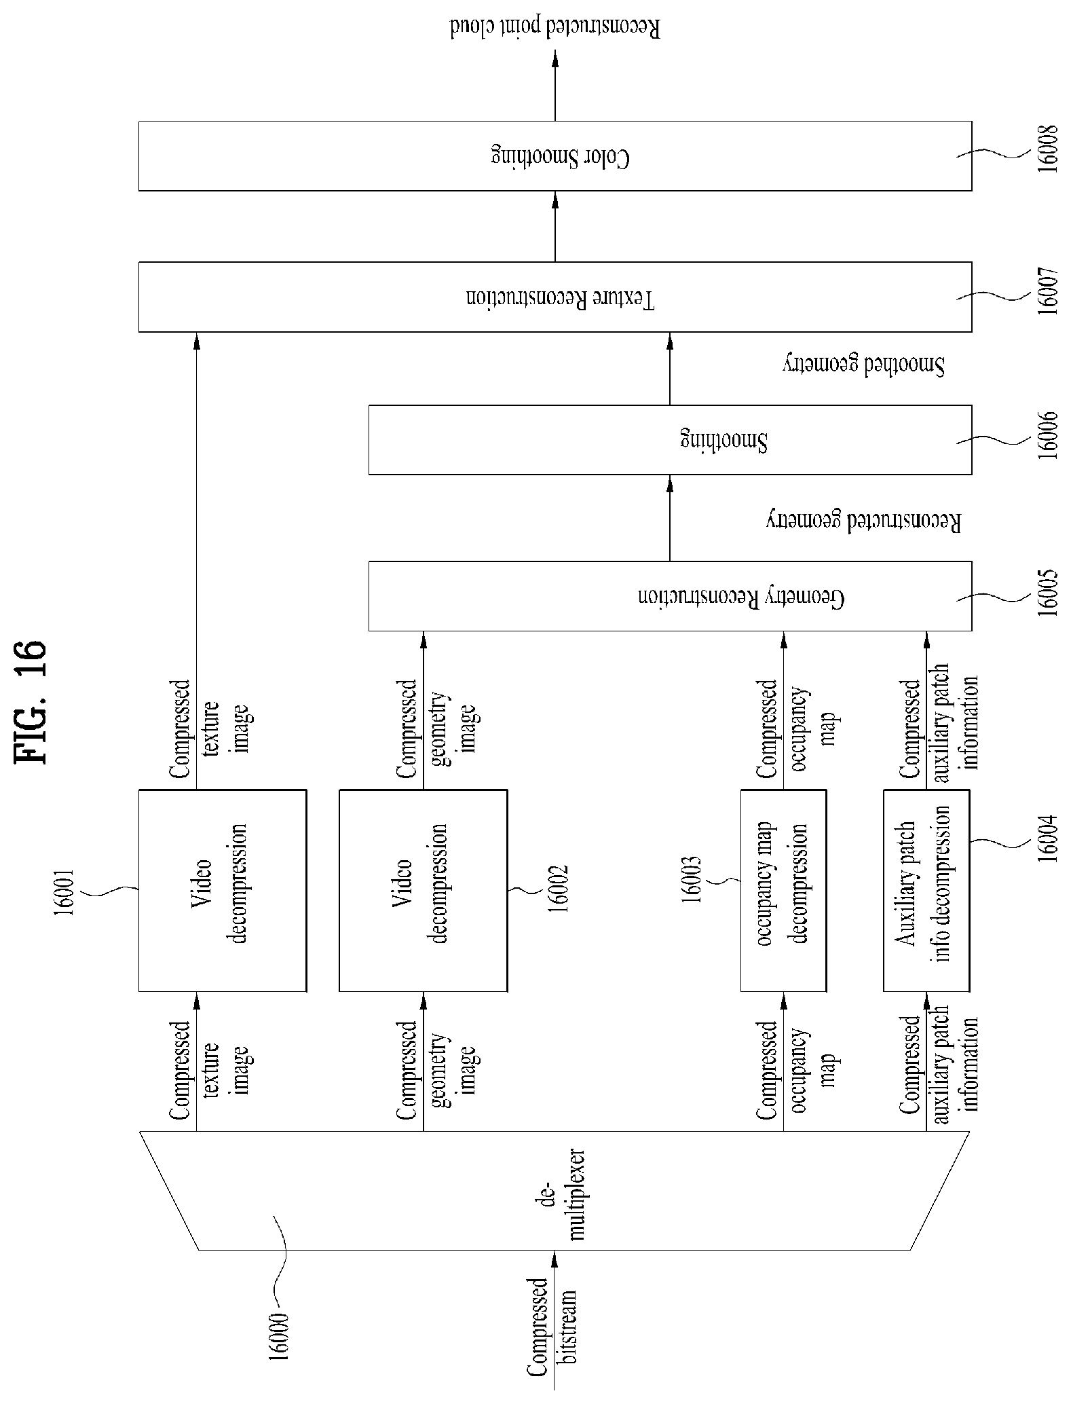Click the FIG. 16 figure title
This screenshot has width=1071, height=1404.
[x=31, y=701]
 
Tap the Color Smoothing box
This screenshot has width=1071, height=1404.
[x=555, y=156]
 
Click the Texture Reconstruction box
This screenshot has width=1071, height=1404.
[x=555, y=297]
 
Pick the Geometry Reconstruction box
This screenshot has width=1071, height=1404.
[x=670, y=595]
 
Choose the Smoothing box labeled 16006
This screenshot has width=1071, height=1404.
[x=670, y=440]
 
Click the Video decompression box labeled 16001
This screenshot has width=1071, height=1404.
[x=222, y=890]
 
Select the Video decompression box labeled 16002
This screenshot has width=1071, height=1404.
[x=423, y=890]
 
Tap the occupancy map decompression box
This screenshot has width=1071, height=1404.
[x=783, y=890]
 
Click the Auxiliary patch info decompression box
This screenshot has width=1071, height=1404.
[x=926, y=890]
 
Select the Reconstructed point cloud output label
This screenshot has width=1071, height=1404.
[x=555, y=29]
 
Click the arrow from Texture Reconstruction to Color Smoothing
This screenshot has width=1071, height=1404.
[x=555, y=226]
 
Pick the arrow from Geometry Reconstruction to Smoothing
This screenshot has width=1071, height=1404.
[x=670, y=517]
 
